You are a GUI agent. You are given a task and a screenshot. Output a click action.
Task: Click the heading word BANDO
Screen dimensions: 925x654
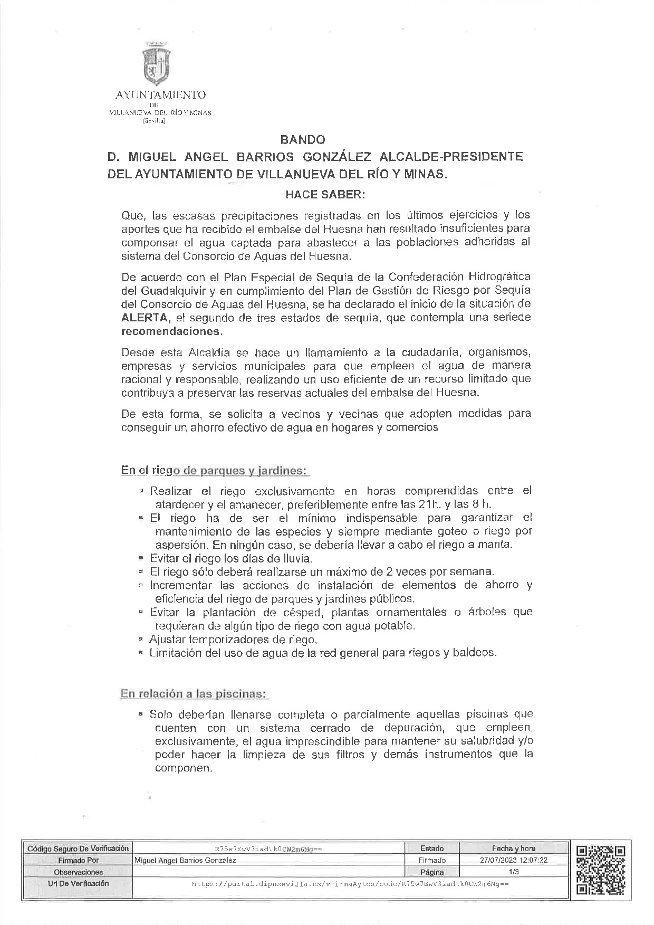point(303,140)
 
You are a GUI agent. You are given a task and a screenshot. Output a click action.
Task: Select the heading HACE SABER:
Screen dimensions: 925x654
point(325,194)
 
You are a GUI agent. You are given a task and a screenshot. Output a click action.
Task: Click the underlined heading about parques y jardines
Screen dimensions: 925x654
point(214,470)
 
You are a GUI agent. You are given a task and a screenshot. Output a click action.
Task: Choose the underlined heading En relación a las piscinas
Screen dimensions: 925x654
point(194,694)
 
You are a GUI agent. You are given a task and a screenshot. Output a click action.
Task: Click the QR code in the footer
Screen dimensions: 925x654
point(601,871)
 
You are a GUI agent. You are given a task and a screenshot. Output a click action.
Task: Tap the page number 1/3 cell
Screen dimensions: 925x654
point(514,872)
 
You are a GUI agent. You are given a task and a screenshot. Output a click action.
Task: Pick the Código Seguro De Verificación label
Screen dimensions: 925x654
point(78,848)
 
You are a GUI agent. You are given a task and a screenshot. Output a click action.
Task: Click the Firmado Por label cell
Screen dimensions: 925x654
point(78,860)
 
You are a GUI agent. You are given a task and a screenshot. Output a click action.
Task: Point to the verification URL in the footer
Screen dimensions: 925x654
point(350,883)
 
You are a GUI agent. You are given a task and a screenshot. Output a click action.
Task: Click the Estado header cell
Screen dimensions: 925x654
point(432,848)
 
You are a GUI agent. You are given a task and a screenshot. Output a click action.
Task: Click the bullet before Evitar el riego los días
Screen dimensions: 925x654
point(141,558)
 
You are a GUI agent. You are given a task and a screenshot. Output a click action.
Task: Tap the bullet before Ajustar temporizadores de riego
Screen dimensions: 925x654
point(141,640)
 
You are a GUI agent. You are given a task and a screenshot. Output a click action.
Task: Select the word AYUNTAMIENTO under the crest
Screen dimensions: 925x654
point(160,96)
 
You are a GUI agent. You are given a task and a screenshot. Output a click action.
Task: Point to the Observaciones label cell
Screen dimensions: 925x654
point(78,872)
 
